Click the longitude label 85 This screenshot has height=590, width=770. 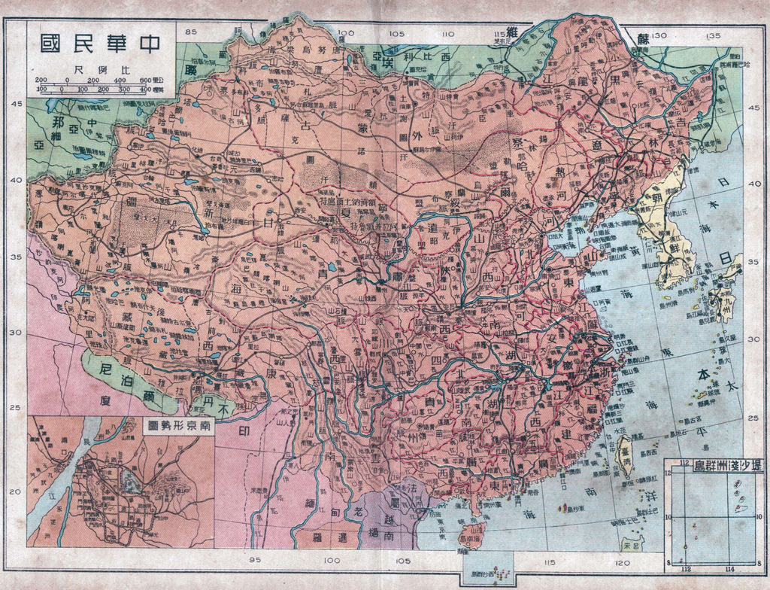coord(191,32)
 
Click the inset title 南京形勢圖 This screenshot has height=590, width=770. coord(180,426)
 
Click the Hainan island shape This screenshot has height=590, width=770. coord(472,536)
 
